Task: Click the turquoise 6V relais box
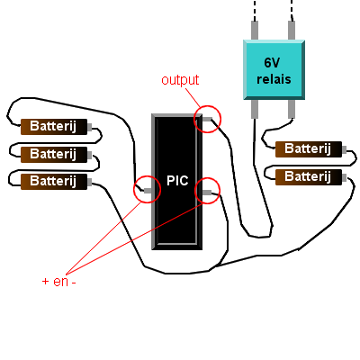point(274,69)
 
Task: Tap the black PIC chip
point(177,182)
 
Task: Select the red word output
point(180,80)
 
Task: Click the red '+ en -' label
point(58,282)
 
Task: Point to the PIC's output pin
point(207,119)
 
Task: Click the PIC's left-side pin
point(148,191)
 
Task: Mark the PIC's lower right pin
point(207,193)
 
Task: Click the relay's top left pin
point(255,30)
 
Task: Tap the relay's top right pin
point(292,30)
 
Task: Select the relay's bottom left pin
point(255,109)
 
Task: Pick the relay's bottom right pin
point(292,109)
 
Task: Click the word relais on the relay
point(274,79)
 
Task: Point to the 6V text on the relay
point(272,63)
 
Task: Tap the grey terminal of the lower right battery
point(344,177)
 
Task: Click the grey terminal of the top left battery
point(89,127)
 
